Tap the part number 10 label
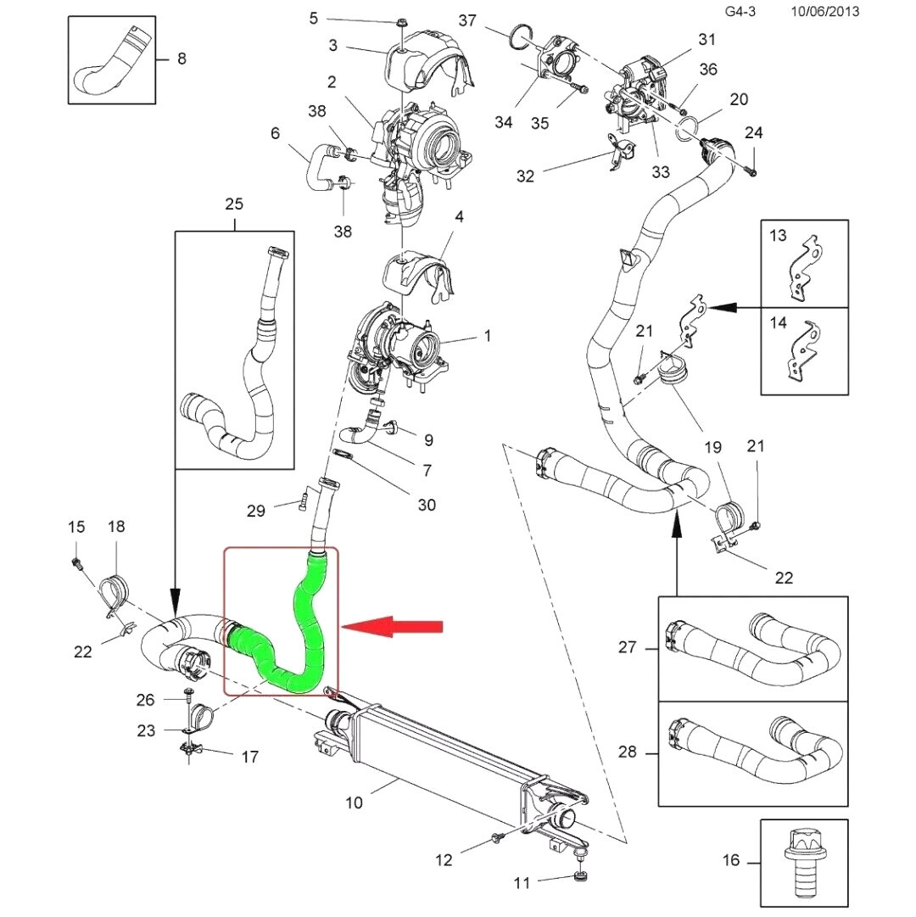pyautogui.click(x=355, y=802)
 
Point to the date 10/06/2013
pyautogui.click(x=824, y=12)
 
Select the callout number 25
pyautogui.click(x=234, y=204)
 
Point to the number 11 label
pyautogui.click(x=521, y=883)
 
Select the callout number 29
pyautogui.click(x=256, y=511)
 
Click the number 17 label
pyautogui.click(x=250, y=757)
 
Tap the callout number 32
pyautogui.click(x=526, y=176)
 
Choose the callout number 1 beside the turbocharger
pyautogui.click(x=488, y=337)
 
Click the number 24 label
pyautogui.click(x=753, y=133)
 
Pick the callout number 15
pyautogui.click(x=76, y=528)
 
